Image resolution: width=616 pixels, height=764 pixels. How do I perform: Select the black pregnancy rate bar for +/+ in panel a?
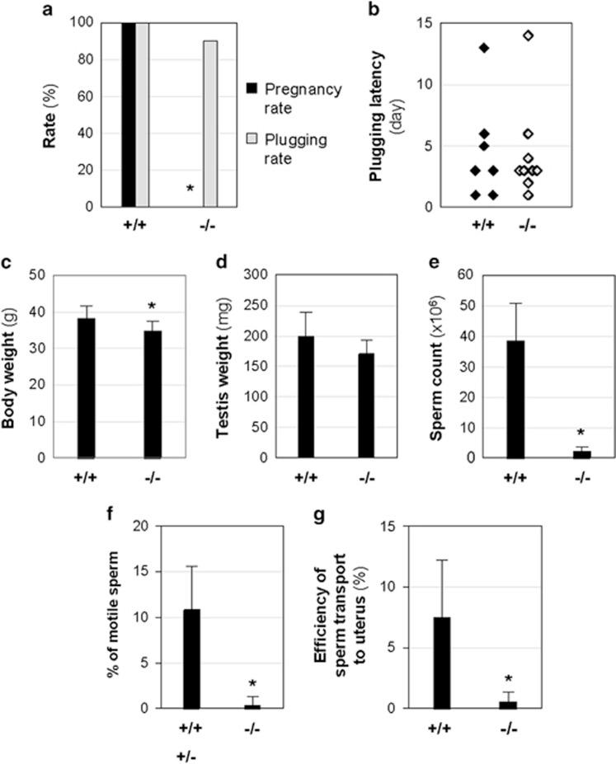tap(128, 115)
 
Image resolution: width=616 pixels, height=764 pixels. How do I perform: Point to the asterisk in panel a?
tap(190, 190)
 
